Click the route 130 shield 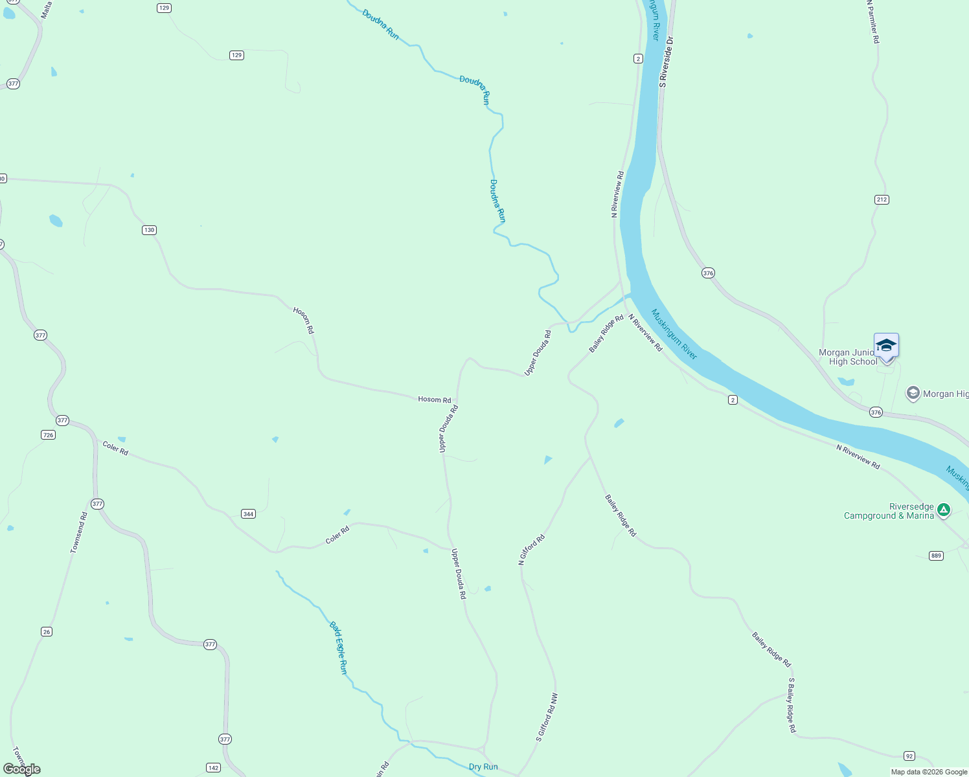(150, 230)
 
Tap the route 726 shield (48, 434)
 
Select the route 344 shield (248, 513)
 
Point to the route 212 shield (882, 199)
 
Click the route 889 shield (936, 556)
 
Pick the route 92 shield (909, 756)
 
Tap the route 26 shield (46, 631)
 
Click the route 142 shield (213, 767)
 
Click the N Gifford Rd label (531, 550)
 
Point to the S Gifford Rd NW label (547, 717)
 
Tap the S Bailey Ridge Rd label (792, 705)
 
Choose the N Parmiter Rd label (872, 21)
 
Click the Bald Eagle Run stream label (338, 647)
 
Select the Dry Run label (483, 767)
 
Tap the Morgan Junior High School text (848, 357)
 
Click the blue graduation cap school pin (886, 346)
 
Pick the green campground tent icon (944, 510)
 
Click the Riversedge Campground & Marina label (889, 511)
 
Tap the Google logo (22, 769)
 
